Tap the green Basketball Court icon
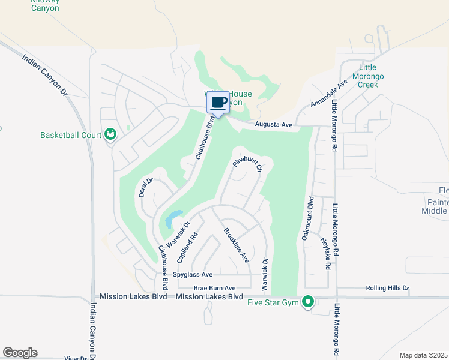(110, 134)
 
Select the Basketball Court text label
(71, 135)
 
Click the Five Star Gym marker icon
(308, 301)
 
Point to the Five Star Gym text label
(273, 302)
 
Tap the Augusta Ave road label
(273, 125)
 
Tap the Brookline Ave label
(236, 245)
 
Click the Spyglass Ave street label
(193, 275)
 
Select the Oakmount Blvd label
(310, 219)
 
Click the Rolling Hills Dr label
(387, 288)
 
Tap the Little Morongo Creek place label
(371, 76)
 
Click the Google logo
(20, 353)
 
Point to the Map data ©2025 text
(424, 355)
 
